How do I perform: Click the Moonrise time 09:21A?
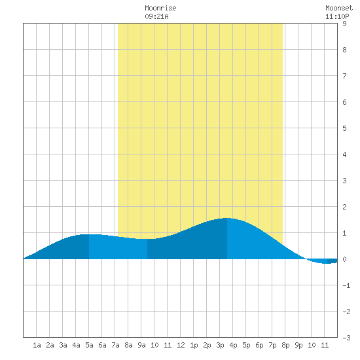156,16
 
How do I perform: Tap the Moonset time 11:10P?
337,16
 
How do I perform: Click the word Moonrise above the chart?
160,8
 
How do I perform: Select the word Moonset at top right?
339,8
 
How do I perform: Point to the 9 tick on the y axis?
344,24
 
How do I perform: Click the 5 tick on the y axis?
344,128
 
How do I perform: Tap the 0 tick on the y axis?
344,259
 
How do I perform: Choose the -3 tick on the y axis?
346,338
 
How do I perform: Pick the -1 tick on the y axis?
346,285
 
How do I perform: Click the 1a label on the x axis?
37,345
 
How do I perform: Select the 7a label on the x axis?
115,345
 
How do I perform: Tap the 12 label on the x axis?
181,345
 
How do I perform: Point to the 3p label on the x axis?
220,345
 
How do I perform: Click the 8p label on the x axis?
285,345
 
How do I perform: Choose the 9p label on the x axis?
298,345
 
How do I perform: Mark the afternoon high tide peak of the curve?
227,218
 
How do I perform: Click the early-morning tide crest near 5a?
89,234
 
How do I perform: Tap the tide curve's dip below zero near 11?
327,263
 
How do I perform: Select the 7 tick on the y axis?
344,76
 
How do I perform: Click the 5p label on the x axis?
246,345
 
